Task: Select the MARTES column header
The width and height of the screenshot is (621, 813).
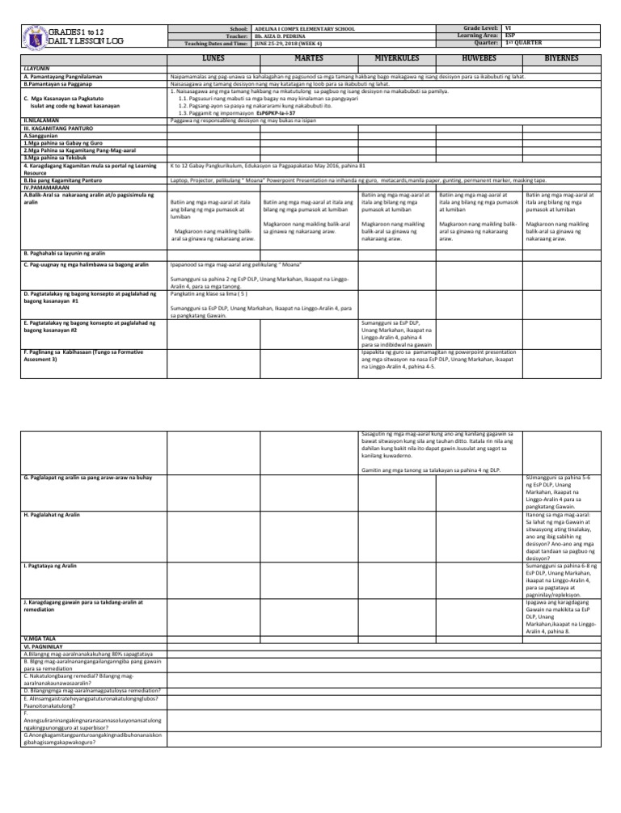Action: point(308,59)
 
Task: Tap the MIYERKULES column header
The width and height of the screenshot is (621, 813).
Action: point(396,59)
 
